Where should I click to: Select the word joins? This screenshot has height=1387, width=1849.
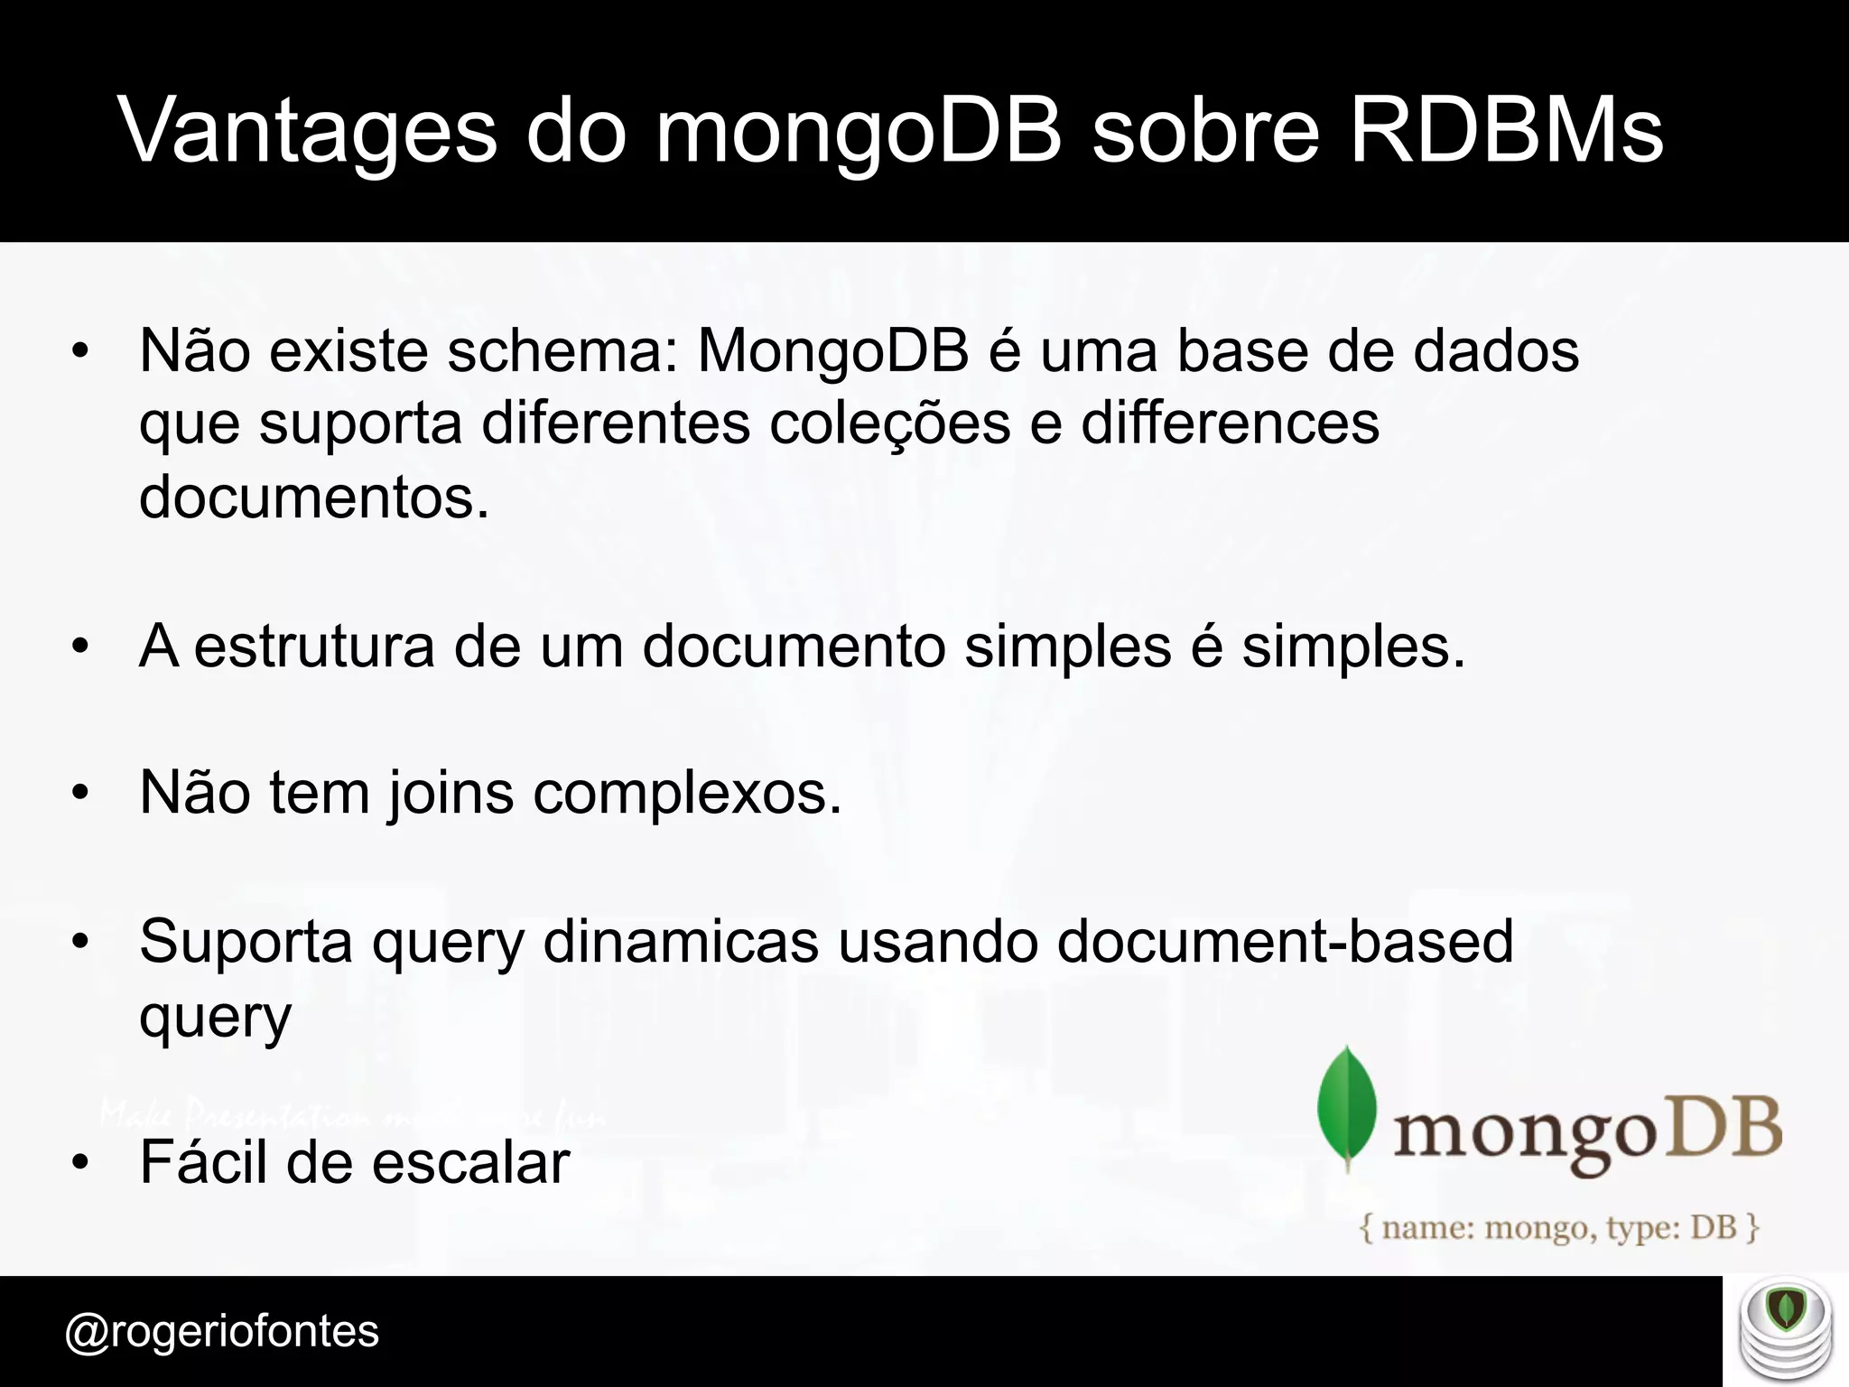coord(449,793)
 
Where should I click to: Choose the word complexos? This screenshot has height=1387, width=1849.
coord(687,793)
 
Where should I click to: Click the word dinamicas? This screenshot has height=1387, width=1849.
coord(681,941)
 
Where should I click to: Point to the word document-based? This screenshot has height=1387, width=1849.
coord(1284,941)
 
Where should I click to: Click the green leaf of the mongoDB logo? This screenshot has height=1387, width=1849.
coord(1347,1109)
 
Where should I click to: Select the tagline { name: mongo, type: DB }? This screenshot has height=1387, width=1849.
coord(1560,1228)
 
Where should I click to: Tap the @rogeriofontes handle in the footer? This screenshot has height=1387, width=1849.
coord(222,1331)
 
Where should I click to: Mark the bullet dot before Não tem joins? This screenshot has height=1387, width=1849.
coord(81,794)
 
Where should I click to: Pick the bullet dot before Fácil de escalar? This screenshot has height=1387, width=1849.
coord(81,1163)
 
